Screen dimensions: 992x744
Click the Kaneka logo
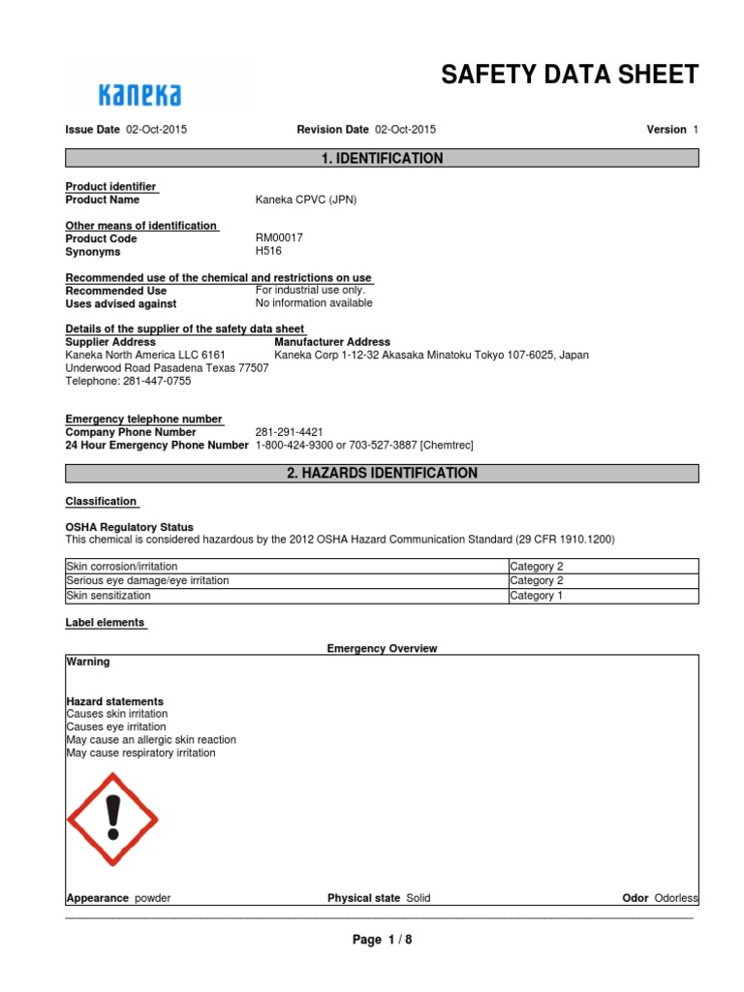point(140,94)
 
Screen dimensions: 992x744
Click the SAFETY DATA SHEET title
point(570,76)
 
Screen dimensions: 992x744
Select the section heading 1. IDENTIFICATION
point(382,159)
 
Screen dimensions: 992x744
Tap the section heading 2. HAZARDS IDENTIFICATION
point(382,474)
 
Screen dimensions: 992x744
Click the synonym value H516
point(268,251)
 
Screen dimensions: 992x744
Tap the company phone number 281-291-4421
point(289,432)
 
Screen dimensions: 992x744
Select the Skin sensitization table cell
point(108,596)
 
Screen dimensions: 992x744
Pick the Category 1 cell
point(536,596)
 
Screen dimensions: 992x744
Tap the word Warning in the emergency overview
point(87,662)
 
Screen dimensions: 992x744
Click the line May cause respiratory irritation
point(140,753)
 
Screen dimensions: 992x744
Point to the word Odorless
point(676,898)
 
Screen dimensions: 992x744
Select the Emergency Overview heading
point(382,648)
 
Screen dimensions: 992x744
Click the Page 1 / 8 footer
point(382,940)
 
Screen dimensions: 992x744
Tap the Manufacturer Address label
point(332,342)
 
